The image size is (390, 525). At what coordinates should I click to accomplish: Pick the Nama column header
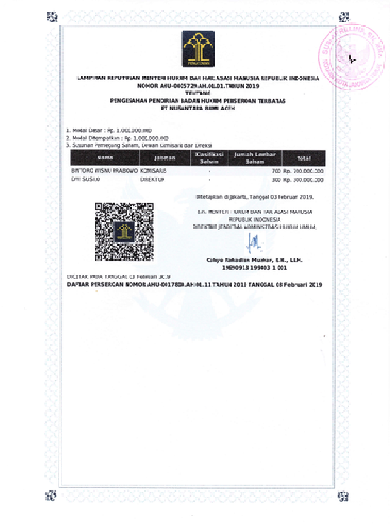(x=104, y=158)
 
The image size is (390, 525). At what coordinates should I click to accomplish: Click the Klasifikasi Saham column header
(x=209, y=158)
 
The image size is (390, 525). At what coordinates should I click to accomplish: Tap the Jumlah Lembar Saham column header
(x=255, y=158)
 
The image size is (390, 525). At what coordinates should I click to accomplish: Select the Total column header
(x=304, y=158)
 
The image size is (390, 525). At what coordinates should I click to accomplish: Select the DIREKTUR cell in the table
(x=153, y=180)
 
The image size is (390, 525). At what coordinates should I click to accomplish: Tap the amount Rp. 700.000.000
(x=304, y=172)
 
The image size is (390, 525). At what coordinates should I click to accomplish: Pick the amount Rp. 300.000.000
(x=304, y=180)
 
